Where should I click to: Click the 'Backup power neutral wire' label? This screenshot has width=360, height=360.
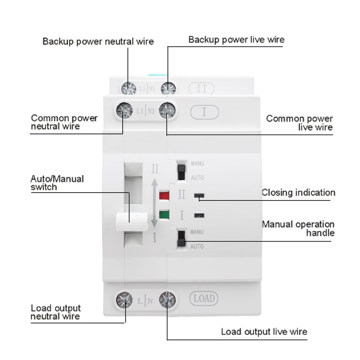click(x=98, y=41)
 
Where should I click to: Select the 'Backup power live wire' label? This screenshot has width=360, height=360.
click(x=236, y=39)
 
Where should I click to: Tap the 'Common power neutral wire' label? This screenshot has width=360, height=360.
click(x=64, y=122)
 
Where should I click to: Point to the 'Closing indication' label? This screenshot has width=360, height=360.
click(x=298, y=193)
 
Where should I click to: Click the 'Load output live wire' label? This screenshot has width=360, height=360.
click(x=264, y=332)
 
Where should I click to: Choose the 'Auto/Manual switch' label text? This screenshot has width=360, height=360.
click(x=57, y=183)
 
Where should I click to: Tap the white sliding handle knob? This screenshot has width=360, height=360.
click(x=131, y=222)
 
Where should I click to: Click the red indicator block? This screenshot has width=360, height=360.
click(x=164, y=195)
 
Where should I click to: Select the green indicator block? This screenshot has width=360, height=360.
click(x=164, y=214)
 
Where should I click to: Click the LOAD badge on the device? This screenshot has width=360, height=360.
click(x=204, y=299)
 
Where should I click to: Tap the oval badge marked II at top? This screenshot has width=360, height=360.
click(x=201, y=88)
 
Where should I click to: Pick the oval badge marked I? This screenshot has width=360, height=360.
click(x=205, y=112)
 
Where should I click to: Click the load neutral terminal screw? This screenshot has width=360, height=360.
click(x=124, y=300)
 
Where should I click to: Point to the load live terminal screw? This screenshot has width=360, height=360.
click(x=167, y=300)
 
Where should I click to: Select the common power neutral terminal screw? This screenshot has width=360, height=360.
click(x=124, y=111)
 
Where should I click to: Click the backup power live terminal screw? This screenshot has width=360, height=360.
click(x=168, y=88)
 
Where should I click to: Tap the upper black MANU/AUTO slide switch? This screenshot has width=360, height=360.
click(x=181, y=171)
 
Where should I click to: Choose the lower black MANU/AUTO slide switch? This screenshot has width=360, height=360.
click(x=181, y=238)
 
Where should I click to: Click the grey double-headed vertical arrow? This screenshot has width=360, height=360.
click(x=154, y=203)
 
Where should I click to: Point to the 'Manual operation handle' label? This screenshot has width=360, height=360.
click(x=298, y=229)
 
